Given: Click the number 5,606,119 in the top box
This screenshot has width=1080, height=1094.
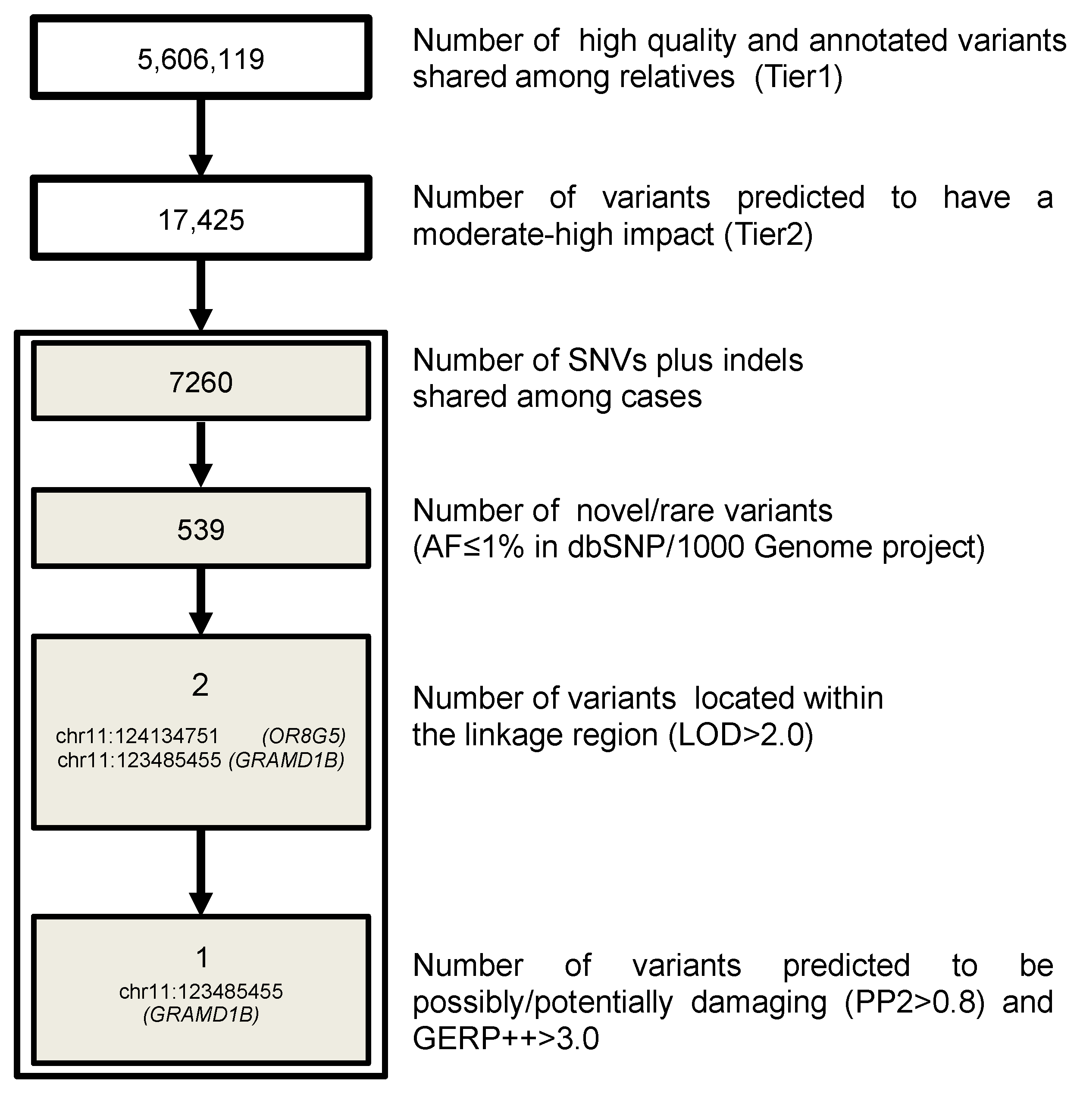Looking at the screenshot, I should (x=200, y=59).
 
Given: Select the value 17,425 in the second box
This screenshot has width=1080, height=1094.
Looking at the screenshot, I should (x=200, y=220).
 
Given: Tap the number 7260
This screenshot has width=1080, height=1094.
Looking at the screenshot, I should (x=200, y=383).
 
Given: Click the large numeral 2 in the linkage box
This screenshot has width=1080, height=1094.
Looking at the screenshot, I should (x=200, y=685).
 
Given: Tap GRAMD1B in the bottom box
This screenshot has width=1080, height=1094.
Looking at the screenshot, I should (x=201, y=1014).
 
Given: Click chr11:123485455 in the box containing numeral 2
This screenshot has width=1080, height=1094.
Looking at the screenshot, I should (x=139, y=760).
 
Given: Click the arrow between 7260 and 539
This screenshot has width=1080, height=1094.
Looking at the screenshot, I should (x=200, y=453).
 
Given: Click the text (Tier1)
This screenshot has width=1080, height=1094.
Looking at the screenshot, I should (x=798, y=77).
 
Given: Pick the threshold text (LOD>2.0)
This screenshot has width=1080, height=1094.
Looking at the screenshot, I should (x=741, y=735).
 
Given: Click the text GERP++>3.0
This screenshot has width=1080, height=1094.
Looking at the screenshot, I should (x=506, y=1038).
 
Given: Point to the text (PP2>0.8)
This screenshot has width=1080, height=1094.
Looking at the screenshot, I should (x=914, y=1002).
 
